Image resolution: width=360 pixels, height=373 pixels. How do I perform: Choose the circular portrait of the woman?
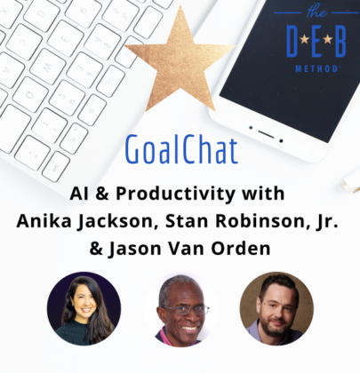(x=84, y=308)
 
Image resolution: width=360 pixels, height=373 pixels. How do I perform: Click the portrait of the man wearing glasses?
(x=180, y=309)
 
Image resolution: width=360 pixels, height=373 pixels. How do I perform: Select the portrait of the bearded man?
(x=276, y=308)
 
